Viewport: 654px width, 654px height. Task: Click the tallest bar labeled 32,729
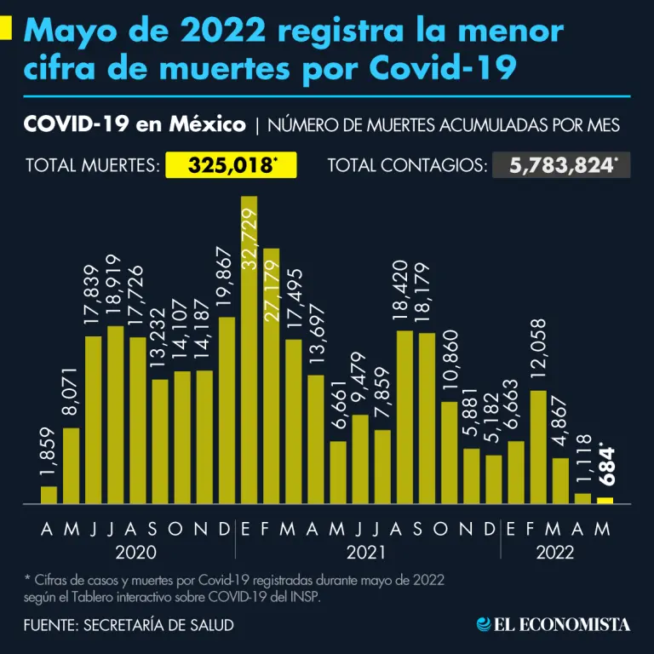[x=250, y=349]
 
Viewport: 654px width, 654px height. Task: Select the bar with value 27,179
[x=272, y=376]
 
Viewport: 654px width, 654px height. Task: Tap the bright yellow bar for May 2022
[x=605, y=501]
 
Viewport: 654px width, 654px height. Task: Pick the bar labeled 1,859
[x=49, y=495]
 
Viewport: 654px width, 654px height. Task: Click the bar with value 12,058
[x=538, y=447]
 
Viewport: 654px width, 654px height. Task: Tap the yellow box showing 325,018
[x=230, y=164]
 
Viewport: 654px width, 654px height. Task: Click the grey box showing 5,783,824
[x=561, y=164]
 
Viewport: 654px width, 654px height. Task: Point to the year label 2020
[x=135, y=553]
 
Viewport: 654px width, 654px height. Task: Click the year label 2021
[x=367, y=553]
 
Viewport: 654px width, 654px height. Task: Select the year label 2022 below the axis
[x=555, y=553]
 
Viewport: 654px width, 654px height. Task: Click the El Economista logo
[x=554, y=624]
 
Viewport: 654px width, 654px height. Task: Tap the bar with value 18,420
[x=405, y=417]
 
